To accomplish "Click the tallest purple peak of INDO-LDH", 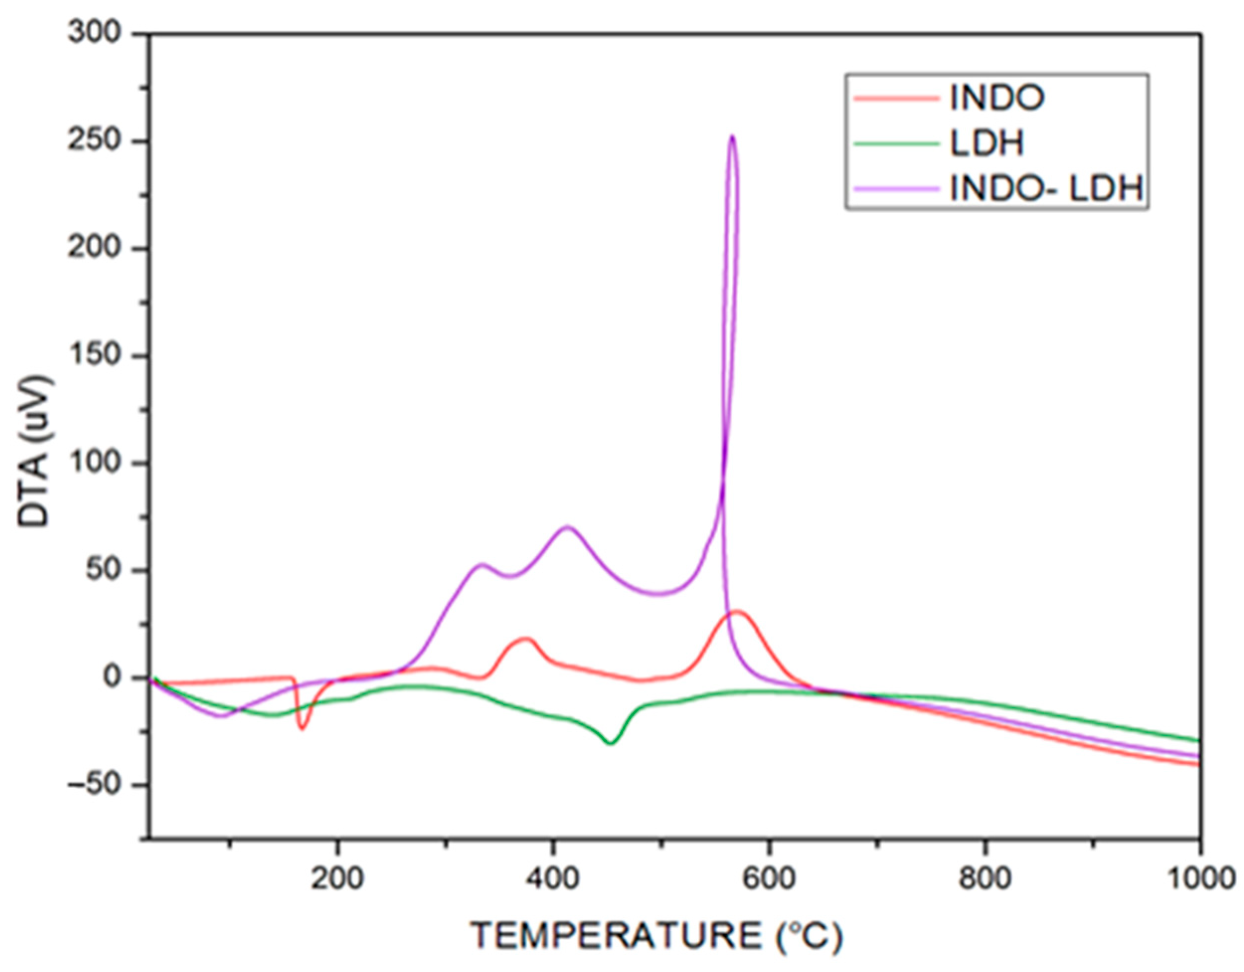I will pos(732,137).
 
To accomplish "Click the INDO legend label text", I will pos(997,98).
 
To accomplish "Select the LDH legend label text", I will pos(987,143).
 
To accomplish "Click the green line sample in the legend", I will pos(896,144).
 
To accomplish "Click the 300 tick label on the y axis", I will pos(95,34).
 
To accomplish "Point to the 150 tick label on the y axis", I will pos(95,355).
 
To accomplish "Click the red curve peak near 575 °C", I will pos(738,612).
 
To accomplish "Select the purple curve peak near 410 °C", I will pos(567,527).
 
